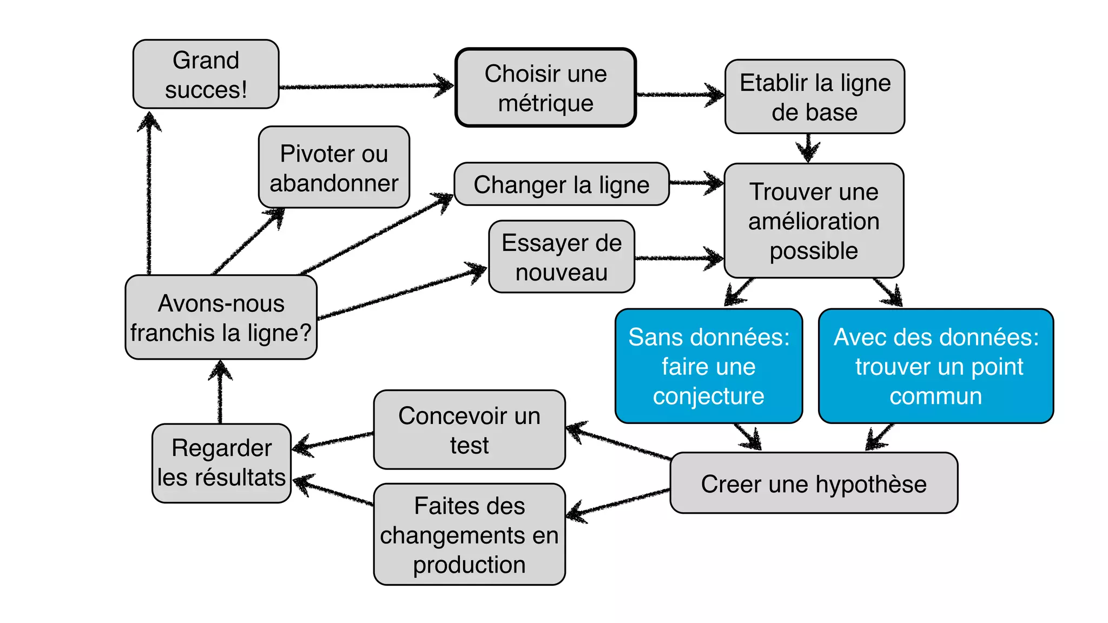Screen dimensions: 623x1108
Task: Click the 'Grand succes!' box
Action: pyautogui.click(x=206, y=74)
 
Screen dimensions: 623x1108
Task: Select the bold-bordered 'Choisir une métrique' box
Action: pyautogui.click(x=545, y=88)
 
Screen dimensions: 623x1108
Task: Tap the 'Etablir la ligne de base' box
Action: pyautogui.click(x=814, y=97)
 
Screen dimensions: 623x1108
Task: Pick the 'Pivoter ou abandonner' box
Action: pyautogui.click(x=334, y=167)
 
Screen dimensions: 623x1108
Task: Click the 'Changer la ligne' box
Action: pyautogui.click(x=561, y=184)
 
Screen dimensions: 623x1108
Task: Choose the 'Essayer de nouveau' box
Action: pyautogui.click(x=561, y=257)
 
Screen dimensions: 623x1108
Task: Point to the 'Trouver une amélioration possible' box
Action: pyautogui.click(x=813, y=221)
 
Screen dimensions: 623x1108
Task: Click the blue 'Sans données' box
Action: pyautogui.click(x=708, y=366)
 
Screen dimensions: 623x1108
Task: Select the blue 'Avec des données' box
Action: pyautogui.click(x=935, y=366)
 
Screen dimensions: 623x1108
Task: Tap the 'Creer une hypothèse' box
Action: pyautogui.click(x=813, y=483)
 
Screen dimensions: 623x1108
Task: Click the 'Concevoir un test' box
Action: pyautogui.click(x=469, y=430)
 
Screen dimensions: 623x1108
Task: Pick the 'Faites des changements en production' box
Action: pyautogui.click(x=469, y=534)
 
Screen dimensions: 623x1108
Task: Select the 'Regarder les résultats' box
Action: pyautogui.click(x=221, y=463)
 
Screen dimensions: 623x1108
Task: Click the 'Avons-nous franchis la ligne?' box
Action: pyautogui.click(x=221, y=317)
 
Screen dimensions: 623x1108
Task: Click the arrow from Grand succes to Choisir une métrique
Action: pyautogui.click(x=365, y=86)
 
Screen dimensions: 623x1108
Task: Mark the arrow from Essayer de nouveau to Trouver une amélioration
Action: pyautogui.click(x=679, y=258)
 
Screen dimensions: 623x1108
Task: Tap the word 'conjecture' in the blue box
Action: pyautogui.click(x=708, y=396)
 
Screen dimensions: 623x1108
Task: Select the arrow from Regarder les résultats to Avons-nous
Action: pyautogui.click(x=220, y=392)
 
